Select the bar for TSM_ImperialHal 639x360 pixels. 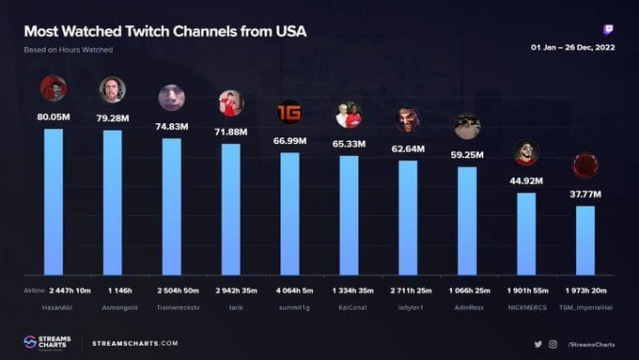point(585,240)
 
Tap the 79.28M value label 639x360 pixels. point(113,118)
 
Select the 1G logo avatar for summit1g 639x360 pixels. point(289,113)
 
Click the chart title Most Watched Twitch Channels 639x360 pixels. point(164,32)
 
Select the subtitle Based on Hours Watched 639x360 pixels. point(69,50)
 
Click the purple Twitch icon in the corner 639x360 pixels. point(609,30)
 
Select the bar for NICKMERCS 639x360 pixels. point(526,234)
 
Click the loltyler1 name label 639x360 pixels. point(408,306)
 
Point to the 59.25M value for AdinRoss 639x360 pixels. point(467,155)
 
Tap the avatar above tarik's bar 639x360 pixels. point(230,102)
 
